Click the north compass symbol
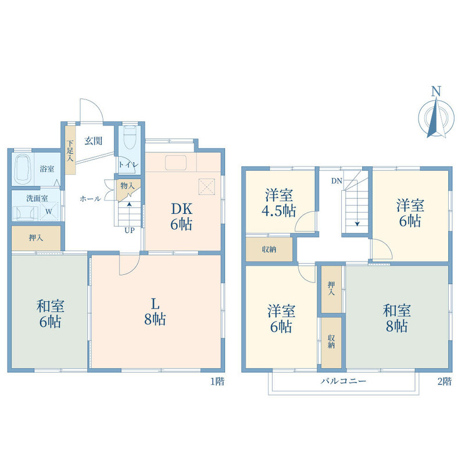coord(436,114)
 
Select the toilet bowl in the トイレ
coord(130,137)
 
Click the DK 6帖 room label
coord(181,217)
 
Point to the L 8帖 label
coord(155,312)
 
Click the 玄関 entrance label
coord(94,141)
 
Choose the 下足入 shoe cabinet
coord(70,150)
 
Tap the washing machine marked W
coord(49,212)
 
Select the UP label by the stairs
coord(129,230)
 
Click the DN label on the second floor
coord(337,181)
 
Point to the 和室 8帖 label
coord(396,318)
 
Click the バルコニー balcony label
coord(344,381)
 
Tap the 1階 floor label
coord(217,381)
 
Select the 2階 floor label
coord(445,381)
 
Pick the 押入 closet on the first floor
coord(36,238)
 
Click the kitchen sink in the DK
coord(176,163)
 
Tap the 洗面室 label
coord(37,198)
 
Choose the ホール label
coord(90,199)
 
